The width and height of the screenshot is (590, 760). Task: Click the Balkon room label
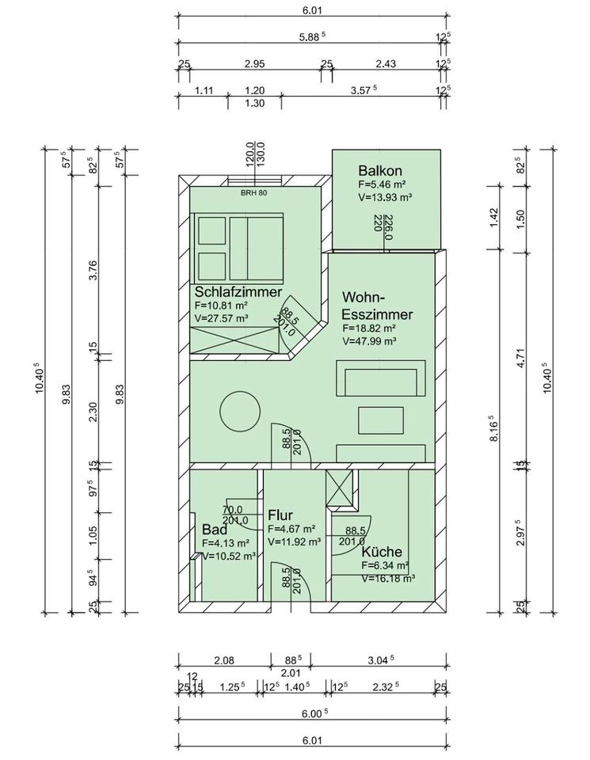380,171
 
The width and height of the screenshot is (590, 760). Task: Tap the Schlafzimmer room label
238,292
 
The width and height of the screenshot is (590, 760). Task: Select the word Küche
382,552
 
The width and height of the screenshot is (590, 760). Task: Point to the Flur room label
280,515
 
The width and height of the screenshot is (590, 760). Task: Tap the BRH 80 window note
254,192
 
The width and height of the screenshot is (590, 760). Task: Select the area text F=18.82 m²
370,328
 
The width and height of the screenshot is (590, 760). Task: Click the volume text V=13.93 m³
386,197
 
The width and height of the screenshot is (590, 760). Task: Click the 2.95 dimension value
254,63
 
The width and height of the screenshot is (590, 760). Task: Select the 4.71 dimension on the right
521,358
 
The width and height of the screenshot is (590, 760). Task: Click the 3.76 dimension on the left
93,271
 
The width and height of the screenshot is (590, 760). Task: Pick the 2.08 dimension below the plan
224,659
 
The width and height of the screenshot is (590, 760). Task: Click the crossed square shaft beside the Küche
340,488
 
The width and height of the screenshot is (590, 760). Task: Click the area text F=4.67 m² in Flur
292,529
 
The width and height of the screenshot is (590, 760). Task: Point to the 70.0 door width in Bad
232,510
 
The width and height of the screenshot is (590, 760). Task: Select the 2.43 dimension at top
386,63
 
